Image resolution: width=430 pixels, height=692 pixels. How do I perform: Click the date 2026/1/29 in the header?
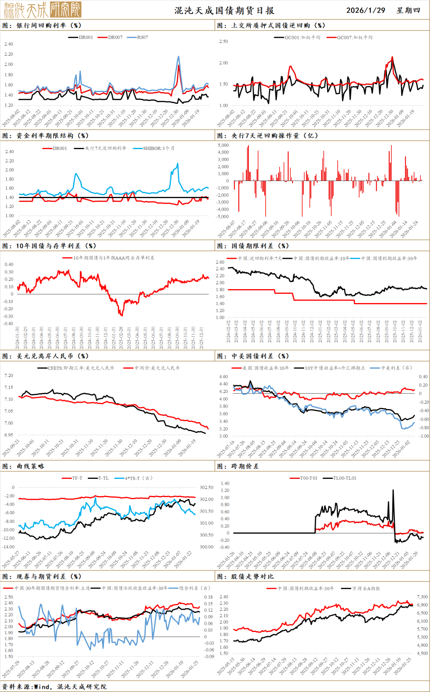365,10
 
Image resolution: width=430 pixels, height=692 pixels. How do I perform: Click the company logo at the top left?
42,10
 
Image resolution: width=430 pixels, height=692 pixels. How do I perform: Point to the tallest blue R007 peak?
178,57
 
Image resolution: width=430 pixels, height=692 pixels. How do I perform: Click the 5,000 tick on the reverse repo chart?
223,145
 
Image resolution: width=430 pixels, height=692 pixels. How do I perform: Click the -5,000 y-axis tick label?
223,216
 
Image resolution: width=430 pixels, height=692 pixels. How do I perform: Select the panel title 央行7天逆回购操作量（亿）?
275,136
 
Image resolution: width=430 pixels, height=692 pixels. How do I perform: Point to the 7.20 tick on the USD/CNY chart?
8,375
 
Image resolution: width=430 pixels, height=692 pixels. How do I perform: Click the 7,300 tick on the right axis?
422,597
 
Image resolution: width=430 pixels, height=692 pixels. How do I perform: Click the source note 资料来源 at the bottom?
54,687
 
